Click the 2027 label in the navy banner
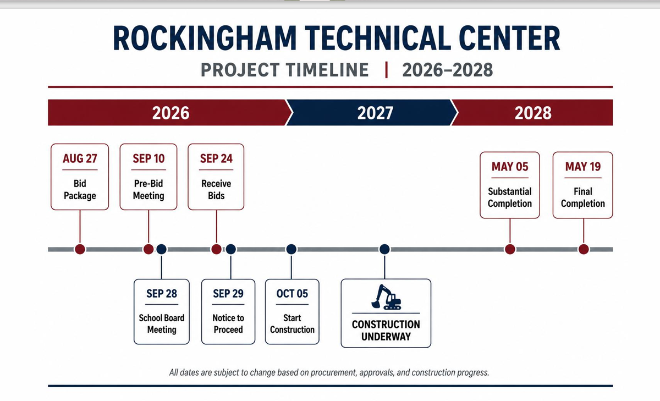(375, 113)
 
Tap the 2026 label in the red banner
(170, 113)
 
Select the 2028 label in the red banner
(533, 113)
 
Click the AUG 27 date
(80, 158)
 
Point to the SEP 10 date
(148, 158)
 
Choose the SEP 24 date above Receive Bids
(216, 158)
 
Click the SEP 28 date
(162, 293)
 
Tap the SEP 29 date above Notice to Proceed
(228, 293)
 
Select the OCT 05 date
(292, 293)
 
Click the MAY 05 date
(510, 167)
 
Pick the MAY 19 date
(583, 167)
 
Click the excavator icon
(386, 297)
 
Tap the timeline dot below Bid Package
(80, 249)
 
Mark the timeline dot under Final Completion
(584, 249)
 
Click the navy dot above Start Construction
(291, 249)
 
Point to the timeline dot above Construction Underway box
(384, 249)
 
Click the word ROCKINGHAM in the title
(205, 39)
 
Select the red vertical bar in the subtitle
(386, 70)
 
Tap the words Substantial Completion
(510, 197)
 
